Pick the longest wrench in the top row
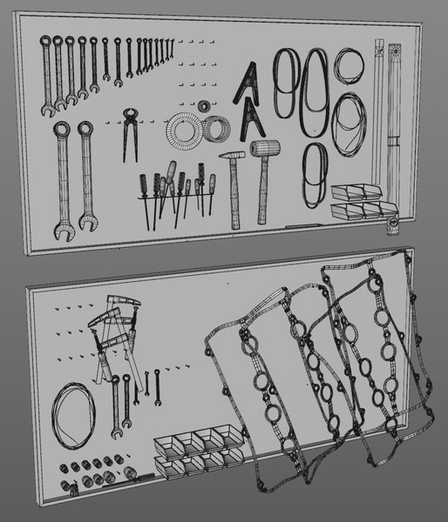46,74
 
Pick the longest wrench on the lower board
115,405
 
